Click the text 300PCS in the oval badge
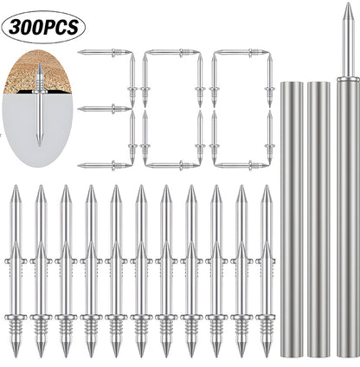[x=43, y=28]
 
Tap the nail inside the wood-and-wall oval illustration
[x=40, y=105]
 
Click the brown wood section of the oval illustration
[x=37, y=72]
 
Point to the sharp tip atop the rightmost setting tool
[x=349, y=3]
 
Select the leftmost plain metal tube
[x=292, y=219]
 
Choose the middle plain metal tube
[x=318, y=219]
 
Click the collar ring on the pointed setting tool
[x=348, y=79]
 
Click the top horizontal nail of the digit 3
[x=105, y=52]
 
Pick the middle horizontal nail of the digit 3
[x=105, y=109]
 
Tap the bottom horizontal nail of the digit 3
[x=105, y=165]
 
